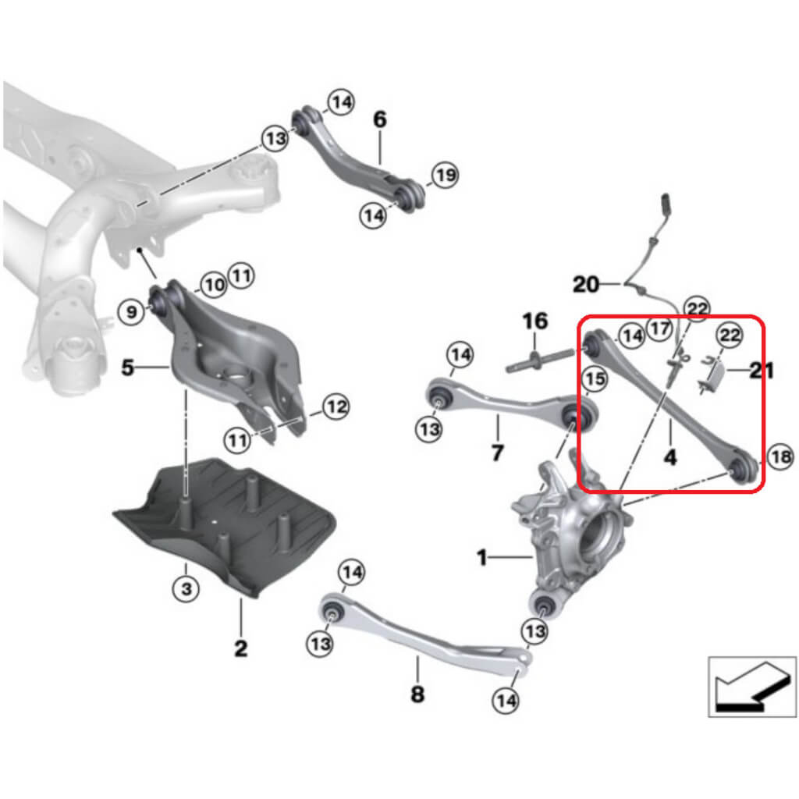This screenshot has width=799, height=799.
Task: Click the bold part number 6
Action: (x=380, y=120)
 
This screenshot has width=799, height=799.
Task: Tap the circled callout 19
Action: (x=445, y=175)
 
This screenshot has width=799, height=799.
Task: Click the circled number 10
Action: (x=215, y=285)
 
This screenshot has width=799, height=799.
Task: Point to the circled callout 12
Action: (x=335, y=407)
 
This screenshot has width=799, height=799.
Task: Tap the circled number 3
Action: (x=186, y=589)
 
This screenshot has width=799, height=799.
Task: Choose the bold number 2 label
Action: (x=240, y=647)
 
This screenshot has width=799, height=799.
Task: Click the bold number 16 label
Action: (x=535, y=321)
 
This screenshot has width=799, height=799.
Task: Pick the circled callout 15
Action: (x=595, y=378)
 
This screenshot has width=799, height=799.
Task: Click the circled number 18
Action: (x=780, y=458)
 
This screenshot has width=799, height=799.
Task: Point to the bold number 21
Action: (x=762, y=371)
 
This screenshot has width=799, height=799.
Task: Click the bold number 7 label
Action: (x=498, y=452)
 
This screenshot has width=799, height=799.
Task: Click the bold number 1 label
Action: (x=482, y=558)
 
